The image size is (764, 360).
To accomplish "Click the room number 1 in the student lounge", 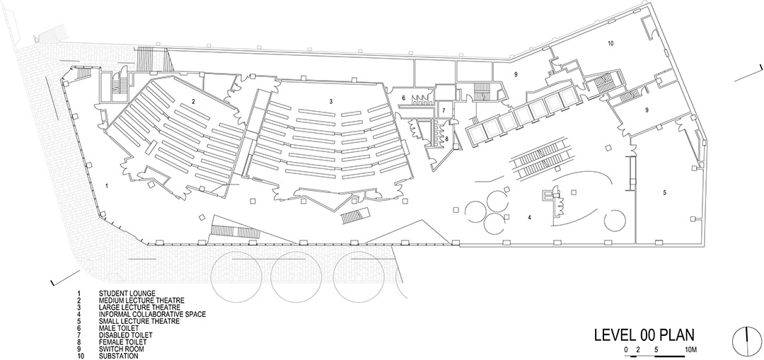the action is (107, 185).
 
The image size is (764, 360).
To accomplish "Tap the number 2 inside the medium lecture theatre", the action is (193, 102).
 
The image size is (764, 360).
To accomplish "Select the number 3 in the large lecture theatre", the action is (331, 101).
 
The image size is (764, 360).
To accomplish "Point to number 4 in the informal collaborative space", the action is (530, 217).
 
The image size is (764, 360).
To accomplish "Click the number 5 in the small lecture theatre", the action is (664, 192).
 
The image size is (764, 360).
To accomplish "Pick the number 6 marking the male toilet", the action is (403, 98).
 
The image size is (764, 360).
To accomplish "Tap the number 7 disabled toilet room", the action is (444, 110).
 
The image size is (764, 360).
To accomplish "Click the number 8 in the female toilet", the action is (446, 139).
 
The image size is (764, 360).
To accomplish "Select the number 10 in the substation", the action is (610, 43).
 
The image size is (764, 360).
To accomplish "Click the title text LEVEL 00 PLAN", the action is (644, 335).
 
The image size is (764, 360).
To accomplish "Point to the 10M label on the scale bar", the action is (691, 349).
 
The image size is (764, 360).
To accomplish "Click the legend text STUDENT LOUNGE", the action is (127, 294).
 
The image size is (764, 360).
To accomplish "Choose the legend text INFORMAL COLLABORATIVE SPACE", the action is (152, 314).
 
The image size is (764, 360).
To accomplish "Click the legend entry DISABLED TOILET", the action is (126, 335).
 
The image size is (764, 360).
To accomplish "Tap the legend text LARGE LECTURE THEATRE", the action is (139, 308).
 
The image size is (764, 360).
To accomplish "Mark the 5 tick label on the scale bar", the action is (656, 349).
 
